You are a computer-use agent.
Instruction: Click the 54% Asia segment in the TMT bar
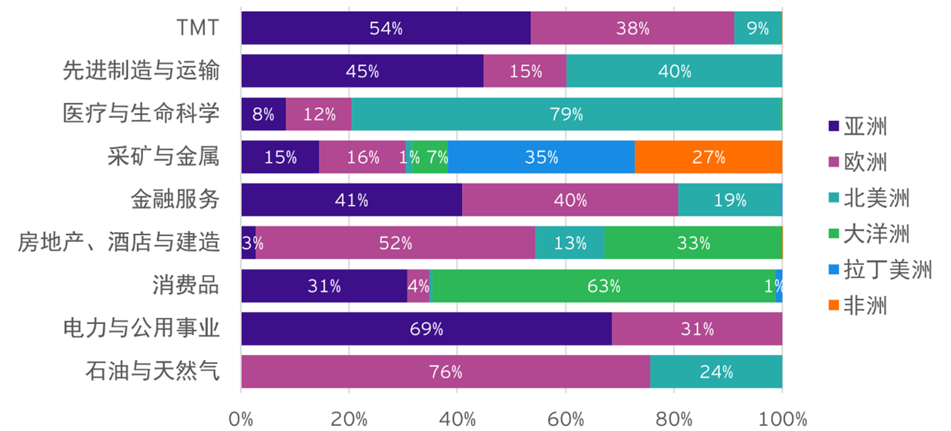386,28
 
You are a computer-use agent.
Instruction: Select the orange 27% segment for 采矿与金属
708,157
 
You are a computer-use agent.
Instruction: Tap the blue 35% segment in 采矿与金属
541,157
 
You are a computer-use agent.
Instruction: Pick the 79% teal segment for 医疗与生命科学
566,114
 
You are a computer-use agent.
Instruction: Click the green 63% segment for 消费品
603,286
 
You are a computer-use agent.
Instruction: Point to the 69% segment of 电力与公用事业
426,329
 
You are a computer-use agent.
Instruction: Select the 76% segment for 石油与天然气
446,372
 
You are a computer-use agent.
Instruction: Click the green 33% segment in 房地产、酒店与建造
693,243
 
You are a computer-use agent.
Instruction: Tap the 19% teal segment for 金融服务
729,200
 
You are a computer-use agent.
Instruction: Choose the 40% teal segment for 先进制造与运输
674,72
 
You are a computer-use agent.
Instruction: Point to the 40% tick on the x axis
457,418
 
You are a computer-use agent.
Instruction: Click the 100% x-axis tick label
781,418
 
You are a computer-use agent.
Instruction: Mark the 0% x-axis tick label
241,418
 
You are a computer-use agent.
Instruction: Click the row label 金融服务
175,200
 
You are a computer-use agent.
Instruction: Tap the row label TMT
198,28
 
